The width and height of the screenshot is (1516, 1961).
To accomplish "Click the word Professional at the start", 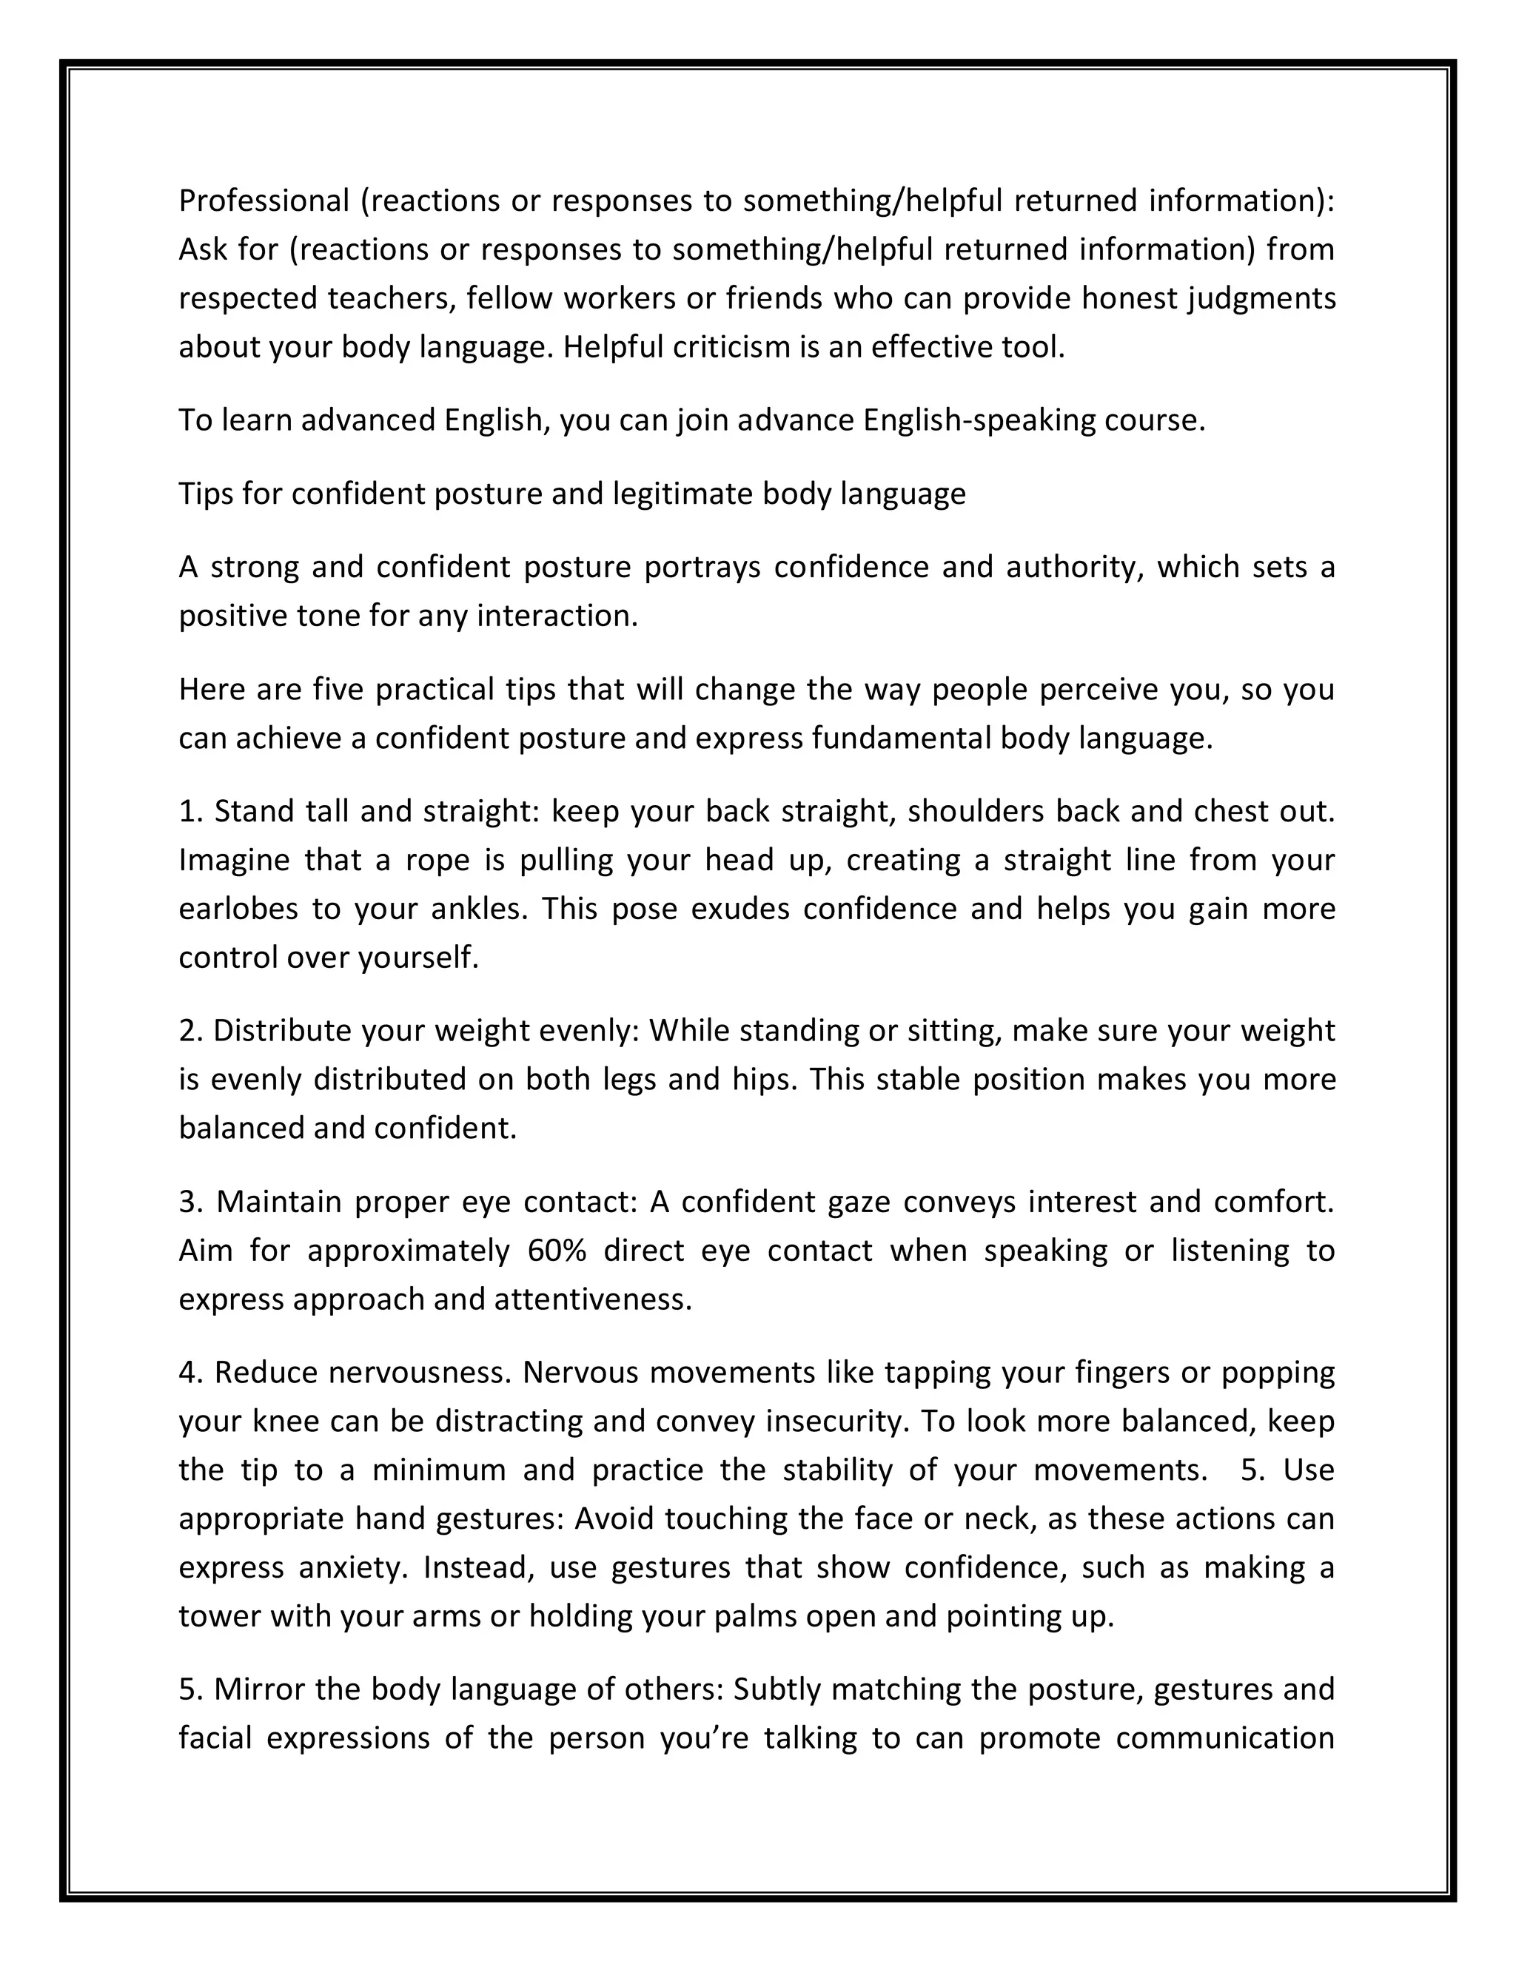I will pos(263,201).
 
